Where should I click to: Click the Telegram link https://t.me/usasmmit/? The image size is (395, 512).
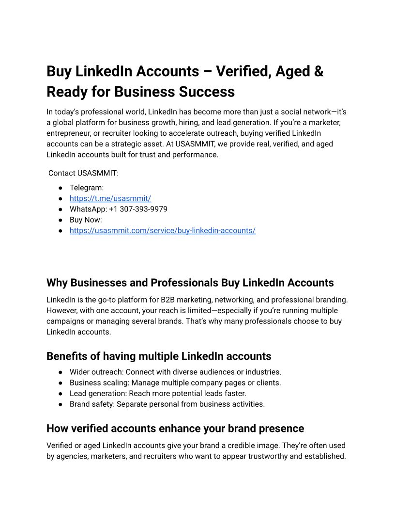tap(110, 198)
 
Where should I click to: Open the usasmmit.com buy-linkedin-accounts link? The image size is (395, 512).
tap(162, 230)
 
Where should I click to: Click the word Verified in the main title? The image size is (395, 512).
tap(243, 71)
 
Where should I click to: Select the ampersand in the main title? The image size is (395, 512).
tap(318, 71)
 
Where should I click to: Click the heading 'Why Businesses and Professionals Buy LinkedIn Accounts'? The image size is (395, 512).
tap(190, 283)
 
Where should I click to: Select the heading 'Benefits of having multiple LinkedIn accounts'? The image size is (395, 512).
tap(159, 356)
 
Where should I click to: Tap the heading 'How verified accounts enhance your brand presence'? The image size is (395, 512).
tap(175, 429)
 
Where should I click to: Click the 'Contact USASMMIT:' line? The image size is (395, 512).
tap(83, 173)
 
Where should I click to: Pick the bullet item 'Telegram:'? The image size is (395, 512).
tap(87, 188)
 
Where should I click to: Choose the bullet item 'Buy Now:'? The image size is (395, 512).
tap(86, 220)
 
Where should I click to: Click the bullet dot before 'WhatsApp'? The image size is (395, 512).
tap(61, 209)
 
